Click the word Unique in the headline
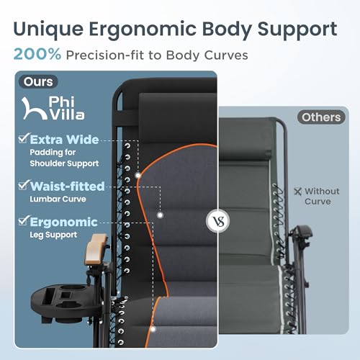coord(49,30)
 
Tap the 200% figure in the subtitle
coord(37,54)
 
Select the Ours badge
coord(38,81)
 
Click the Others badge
coord(321,117)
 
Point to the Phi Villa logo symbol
coord(34,108)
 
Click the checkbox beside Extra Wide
coord(24,138)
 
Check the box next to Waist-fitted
coord(24,185)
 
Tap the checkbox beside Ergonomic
coord(24,220)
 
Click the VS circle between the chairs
coord(218,221)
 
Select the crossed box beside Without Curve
coord(297,192)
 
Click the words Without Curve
coord(322,197)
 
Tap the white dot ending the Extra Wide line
coord(138,176)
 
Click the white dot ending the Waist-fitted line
coord(160,215)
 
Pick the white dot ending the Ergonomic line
coord(153,329)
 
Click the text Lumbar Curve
coord(58,199)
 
